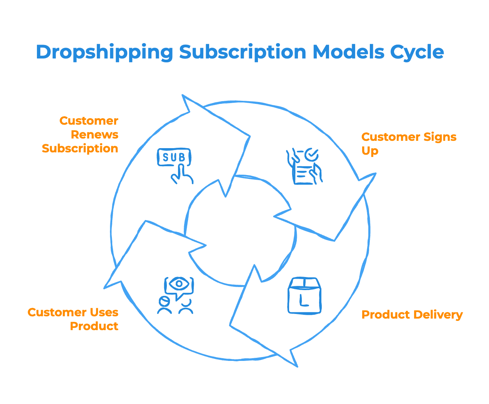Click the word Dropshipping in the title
tap(105, 52)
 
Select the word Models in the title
tap(348, 52)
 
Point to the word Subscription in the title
tap(243, 52)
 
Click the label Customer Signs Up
tap(409, 144)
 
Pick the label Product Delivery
tap(412, 315)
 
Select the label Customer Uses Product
tap(73, 319)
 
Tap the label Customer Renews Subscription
tap(80, 135)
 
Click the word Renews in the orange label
tap(95, 135)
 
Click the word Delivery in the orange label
tap(438, 315)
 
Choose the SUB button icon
tap(174, 157)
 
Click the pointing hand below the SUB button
tap(181, 175)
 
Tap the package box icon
tap(304, 295)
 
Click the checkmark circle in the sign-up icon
tap(311, 155)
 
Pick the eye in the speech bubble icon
tap(179, 284)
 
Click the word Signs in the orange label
tap(440, 137)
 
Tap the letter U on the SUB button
tap(174, 157)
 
